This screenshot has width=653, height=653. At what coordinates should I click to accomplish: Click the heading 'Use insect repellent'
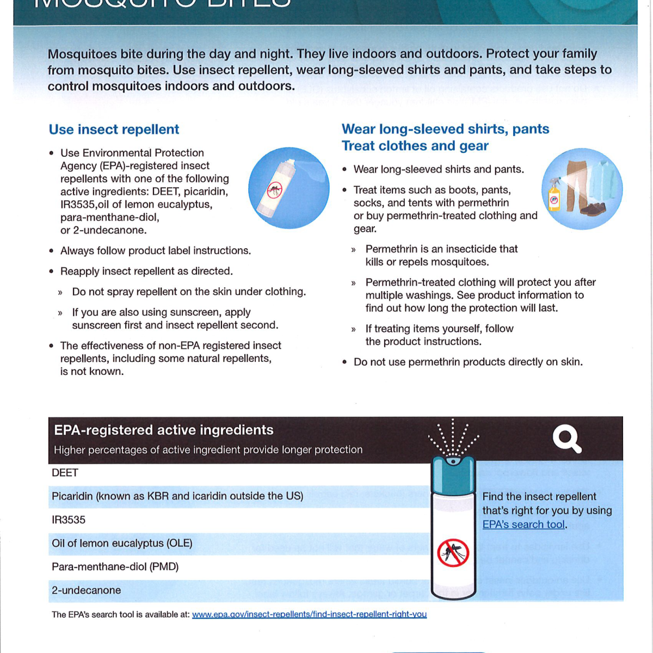pos(114,130)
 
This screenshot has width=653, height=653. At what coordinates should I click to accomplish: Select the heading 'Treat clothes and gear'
pos(415,146)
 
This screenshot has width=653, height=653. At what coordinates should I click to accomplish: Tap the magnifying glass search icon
pos(566,439)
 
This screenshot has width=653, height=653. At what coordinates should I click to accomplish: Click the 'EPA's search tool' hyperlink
pos(523,525)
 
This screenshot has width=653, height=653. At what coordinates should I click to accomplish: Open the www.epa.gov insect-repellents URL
pos(309,614)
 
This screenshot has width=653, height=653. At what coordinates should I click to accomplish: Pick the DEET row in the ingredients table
pos(65,473)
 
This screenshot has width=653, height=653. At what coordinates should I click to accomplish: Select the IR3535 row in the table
pos(69,520)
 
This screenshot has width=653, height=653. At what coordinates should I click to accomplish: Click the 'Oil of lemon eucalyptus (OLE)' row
pos(122,543)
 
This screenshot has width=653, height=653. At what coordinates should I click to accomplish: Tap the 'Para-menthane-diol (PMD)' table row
pos(115,567)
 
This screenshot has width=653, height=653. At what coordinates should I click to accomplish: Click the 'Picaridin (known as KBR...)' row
pos(177,496)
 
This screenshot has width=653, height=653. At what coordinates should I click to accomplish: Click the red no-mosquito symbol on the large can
pos(453,553)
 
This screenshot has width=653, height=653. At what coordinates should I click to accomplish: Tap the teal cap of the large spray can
pos(453,475)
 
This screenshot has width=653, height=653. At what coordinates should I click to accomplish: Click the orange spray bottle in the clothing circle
pos(554,196)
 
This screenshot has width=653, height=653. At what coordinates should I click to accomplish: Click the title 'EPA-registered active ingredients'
pos(163,430)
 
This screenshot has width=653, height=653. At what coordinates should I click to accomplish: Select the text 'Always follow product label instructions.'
pos(156,251)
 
